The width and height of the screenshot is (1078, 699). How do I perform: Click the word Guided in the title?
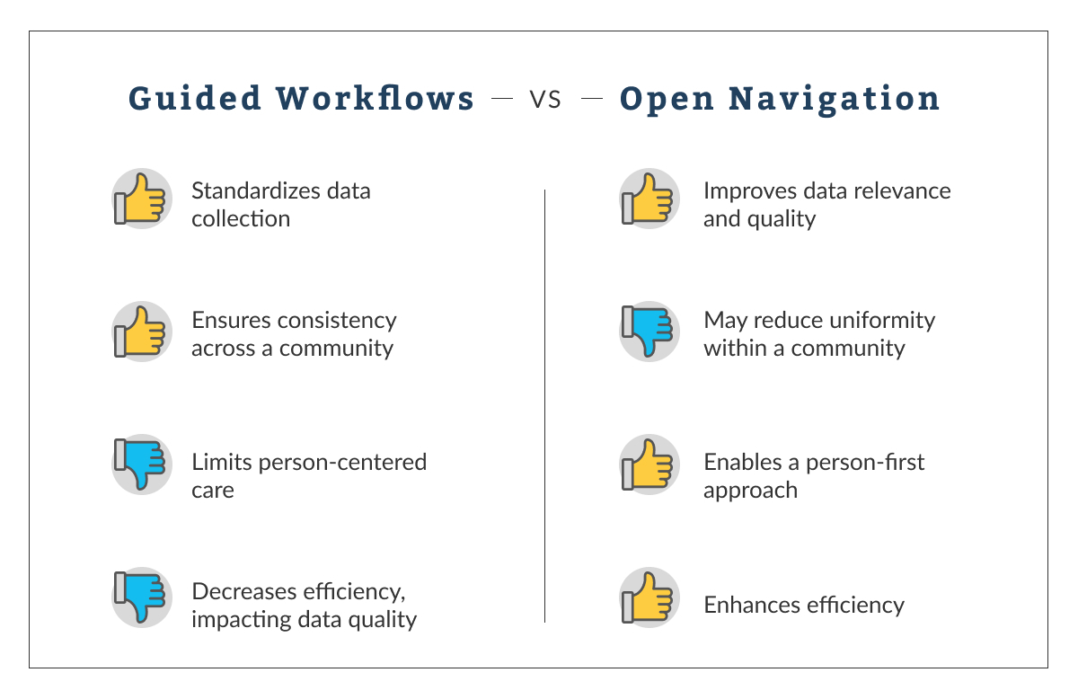194,99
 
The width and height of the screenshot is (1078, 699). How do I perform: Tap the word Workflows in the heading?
375,98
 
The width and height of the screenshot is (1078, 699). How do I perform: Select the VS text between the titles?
545,100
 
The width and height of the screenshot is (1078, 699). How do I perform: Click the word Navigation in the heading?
834,100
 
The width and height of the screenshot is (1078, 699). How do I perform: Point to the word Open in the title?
667,100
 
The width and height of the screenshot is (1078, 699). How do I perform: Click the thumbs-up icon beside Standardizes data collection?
142,199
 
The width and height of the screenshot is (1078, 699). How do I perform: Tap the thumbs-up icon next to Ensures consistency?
142,332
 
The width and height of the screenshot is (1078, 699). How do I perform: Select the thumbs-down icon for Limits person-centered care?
142,465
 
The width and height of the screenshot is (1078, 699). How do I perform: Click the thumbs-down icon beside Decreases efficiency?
142,597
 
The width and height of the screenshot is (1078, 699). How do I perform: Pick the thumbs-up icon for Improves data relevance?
649,199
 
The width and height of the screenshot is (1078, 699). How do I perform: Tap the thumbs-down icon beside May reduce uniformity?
649,332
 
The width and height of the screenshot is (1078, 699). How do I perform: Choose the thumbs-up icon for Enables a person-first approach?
649,465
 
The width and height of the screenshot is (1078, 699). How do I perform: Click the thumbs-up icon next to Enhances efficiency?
649,597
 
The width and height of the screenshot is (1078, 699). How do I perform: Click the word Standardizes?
255,191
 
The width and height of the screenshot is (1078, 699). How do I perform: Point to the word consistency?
337,321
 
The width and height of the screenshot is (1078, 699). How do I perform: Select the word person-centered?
342,463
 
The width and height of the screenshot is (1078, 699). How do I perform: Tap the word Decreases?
243,592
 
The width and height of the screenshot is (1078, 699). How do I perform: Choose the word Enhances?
752,606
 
